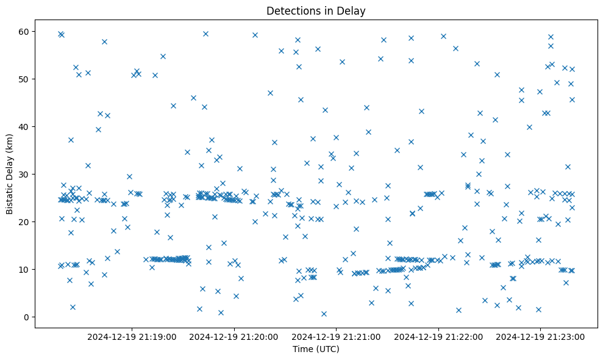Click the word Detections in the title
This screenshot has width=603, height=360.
[290, 11]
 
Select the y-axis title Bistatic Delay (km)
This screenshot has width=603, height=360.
[10, 173]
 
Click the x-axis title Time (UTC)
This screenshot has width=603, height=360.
[316, 349]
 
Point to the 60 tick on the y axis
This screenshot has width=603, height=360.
[25, 31]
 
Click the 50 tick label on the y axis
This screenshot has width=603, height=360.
[25, 79]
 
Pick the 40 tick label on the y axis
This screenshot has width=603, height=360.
[25, 126]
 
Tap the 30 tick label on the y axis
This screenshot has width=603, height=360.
[25, 174]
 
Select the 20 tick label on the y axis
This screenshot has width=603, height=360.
[25, 221]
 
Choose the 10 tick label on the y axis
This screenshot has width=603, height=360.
[25, 269]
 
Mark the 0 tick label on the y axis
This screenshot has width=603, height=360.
[27, 317]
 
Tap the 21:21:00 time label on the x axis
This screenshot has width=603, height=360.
[336, 336]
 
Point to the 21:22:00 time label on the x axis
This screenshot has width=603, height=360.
[438, 336]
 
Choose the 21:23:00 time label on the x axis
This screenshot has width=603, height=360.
[540, 336]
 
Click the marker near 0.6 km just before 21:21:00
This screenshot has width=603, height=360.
[324, 314]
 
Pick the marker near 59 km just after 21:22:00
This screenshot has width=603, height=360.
[443, 36]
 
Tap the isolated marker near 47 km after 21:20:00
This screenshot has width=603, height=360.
[270, 93]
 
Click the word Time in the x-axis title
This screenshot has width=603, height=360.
[303, 349]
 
